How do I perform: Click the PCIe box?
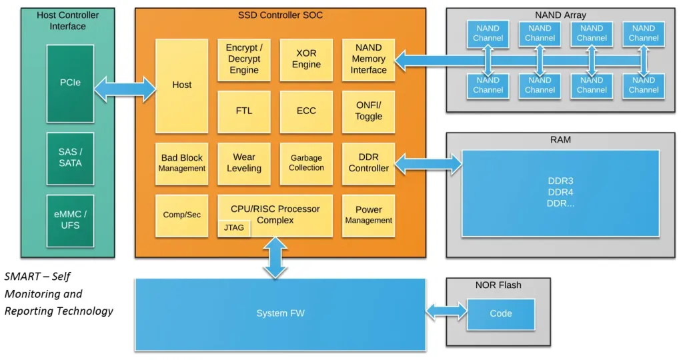click(70, 83)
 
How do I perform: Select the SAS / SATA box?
click(70, 157)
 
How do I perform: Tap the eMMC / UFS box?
click(70, 219)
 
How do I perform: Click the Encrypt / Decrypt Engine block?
click(244, 59)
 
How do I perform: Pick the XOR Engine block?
click(306, 59)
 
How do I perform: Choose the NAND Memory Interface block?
click(368, 59)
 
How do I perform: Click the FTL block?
click(244, 111)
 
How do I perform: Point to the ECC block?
click(306, 111)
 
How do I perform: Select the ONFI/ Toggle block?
click(368, 111)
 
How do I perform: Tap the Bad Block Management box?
click(181, 163)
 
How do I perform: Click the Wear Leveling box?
click(244, 163)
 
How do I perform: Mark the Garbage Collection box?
click(306, 163)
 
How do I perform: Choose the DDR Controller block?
click(368, 163)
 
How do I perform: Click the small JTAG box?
click(234, 228)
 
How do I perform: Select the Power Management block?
click(368, 215)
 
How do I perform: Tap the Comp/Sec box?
click(181, 215)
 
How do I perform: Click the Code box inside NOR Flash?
click(500, 314)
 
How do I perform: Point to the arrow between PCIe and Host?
click(125, 89)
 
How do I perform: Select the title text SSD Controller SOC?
click(280, 15)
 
